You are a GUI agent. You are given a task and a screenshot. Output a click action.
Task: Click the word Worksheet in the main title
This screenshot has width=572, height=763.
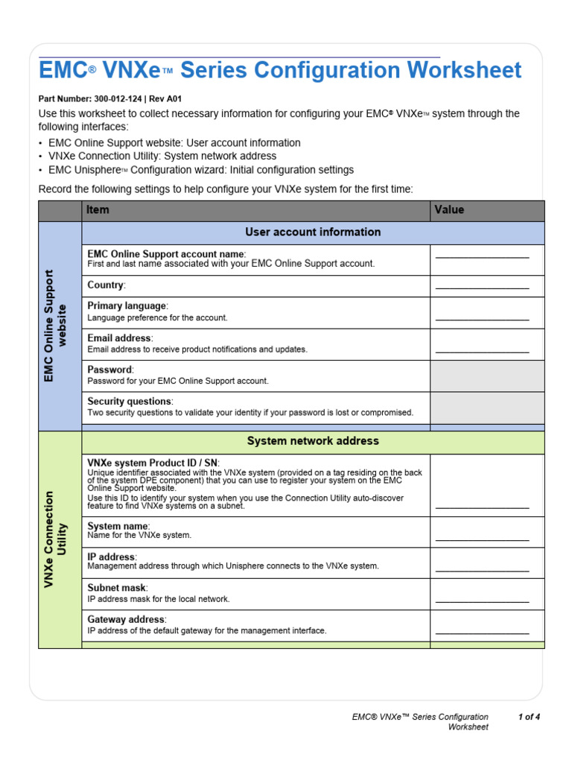click(464, 71)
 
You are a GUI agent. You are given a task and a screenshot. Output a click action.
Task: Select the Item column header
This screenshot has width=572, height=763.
click(98, 210)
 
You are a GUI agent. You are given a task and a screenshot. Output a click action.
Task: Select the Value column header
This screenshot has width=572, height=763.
click(449, 210)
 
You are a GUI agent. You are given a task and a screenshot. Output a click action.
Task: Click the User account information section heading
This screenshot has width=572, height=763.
click(313, 232)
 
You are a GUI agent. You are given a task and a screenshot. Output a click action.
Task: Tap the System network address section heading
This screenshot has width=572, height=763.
click(313, 441)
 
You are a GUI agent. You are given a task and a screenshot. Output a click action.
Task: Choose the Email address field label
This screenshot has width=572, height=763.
click(120, 338)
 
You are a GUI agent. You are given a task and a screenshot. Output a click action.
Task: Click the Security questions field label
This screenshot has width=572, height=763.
click(130, 402)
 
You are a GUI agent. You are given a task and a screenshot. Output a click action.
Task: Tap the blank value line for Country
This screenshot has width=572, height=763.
click(482, 287)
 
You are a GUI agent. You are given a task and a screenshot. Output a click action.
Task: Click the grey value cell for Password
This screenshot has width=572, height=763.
click(487, 376)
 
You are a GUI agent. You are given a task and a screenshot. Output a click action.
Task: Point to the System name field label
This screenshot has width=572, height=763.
click(118, 526)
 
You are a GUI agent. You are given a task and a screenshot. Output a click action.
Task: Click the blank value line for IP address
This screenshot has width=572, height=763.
click(482, 571)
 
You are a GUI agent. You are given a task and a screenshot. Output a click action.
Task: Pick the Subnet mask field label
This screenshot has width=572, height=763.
click(117, 588)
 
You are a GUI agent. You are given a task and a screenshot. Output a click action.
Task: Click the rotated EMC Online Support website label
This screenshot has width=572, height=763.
click(56, 326)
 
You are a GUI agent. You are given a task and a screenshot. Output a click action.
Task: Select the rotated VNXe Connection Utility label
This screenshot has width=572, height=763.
click(56, 539)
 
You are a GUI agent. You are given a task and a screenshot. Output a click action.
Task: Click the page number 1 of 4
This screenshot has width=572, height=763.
click(529, 718)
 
